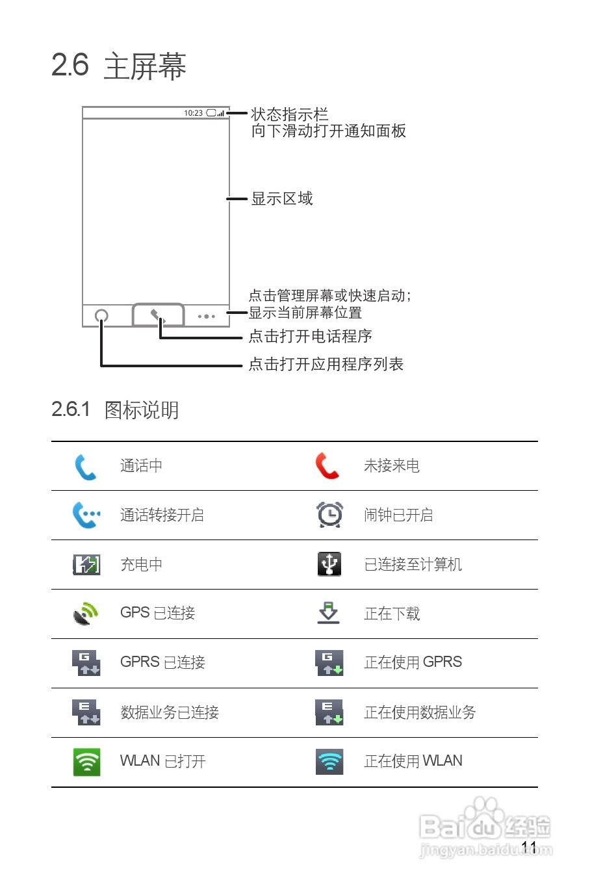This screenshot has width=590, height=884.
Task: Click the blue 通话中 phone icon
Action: pyautogui.click(x=85, y=466)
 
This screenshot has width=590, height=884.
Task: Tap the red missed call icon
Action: pyautogui.click(x=327, y=466)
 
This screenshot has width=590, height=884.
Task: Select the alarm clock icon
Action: pyautogui.click(x=329, y=515)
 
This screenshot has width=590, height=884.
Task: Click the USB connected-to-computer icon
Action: pyautogui.click(x=329, y=564)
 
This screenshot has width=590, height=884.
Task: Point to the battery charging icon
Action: pyautogui.click(x=86, y=564)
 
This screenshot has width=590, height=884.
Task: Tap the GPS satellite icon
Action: pyautogui.click(x=86, y=613)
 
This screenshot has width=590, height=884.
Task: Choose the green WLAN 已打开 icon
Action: pyautogui.click(x=86, y=761)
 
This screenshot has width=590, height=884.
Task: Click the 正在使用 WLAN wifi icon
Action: pyautogui.click(x=329, y=761)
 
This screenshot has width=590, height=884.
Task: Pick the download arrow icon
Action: pyautogui.click(x=329, y=613)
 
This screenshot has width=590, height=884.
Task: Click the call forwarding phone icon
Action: pyautogui.click(x=86, y=515)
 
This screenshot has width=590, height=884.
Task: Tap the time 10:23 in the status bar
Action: pyautogui.click(x=193, y=113)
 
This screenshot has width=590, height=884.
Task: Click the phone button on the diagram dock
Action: pyautogui.click(x=158, y=316)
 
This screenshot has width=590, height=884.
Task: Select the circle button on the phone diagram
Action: pyautogui.click(x=101, y=317)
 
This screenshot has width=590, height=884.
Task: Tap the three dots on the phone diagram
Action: pyautogui.click(x=207, y=317)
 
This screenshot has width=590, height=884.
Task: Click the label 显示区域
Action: pyautogui.click(x=282, y=198)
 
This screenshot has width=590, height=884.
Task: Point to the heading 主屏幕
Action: pyautogui.click(x=145, y=66)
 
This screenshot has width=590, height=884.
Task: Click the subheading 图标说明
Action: pyautogui.click(x=142, y=410)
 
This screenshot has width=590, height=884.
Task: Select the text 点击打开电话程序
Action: pyautogui.click(x=310, y=336)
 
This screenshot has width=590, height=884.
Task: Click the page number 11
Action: pyautogui.click(x=529, y=847)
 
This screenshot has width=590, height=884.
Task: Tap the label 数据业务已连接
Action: pyautogui.click(x=170, y=712)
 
